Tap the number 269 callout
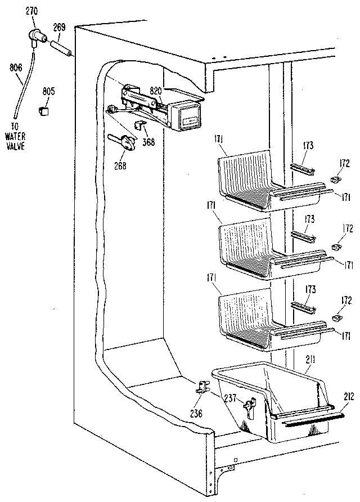[60, 26]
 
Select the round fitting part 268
[128, 144]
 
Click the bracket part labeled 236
[203, 387]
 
